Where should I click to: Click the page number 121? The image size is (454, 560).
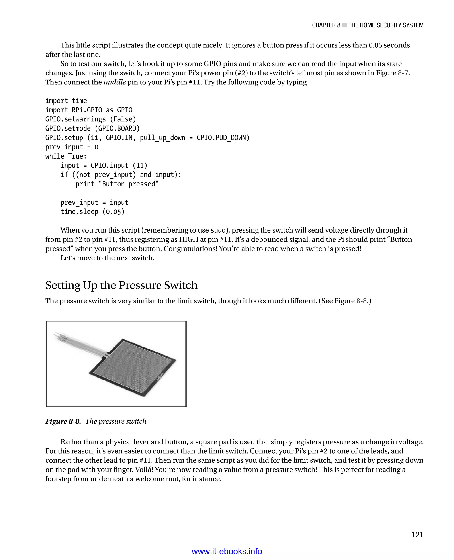[417, 535]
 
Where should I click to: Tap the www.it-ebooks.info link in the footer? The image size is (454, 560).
[227, 551]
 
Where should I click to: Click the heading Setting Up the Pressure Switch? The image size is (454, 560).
[121, 285]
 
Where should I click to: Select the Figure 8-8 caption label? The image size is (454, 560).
[63, 421]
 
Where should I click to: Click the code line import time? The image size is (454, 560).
[66, 101]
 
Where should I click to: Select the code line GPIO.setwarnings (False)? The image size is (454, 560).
[90, 119]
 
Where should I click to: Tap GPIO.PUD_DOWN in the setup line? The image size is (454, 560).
[223, 138]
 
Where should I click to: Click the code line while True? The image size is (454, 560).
[66, 156]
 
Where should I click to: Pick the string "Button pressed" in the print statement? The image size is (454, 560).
[128, 184]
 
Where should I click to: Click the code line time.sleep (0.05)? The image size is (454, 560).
[92, 212]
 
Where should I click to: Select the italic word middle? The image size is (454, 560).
[115, 82]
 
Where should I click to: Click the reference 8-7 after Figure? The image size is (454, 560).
[403, 73]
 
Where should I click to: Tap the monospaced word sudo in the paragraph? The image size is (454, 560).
[218, 230]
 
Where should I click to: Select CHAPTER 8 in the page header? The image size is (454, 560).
[326, 25]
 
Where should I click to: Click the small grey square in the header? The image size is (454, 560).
[344, 25]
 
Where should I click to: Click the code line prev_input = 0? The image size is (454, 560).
[72, 147]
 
